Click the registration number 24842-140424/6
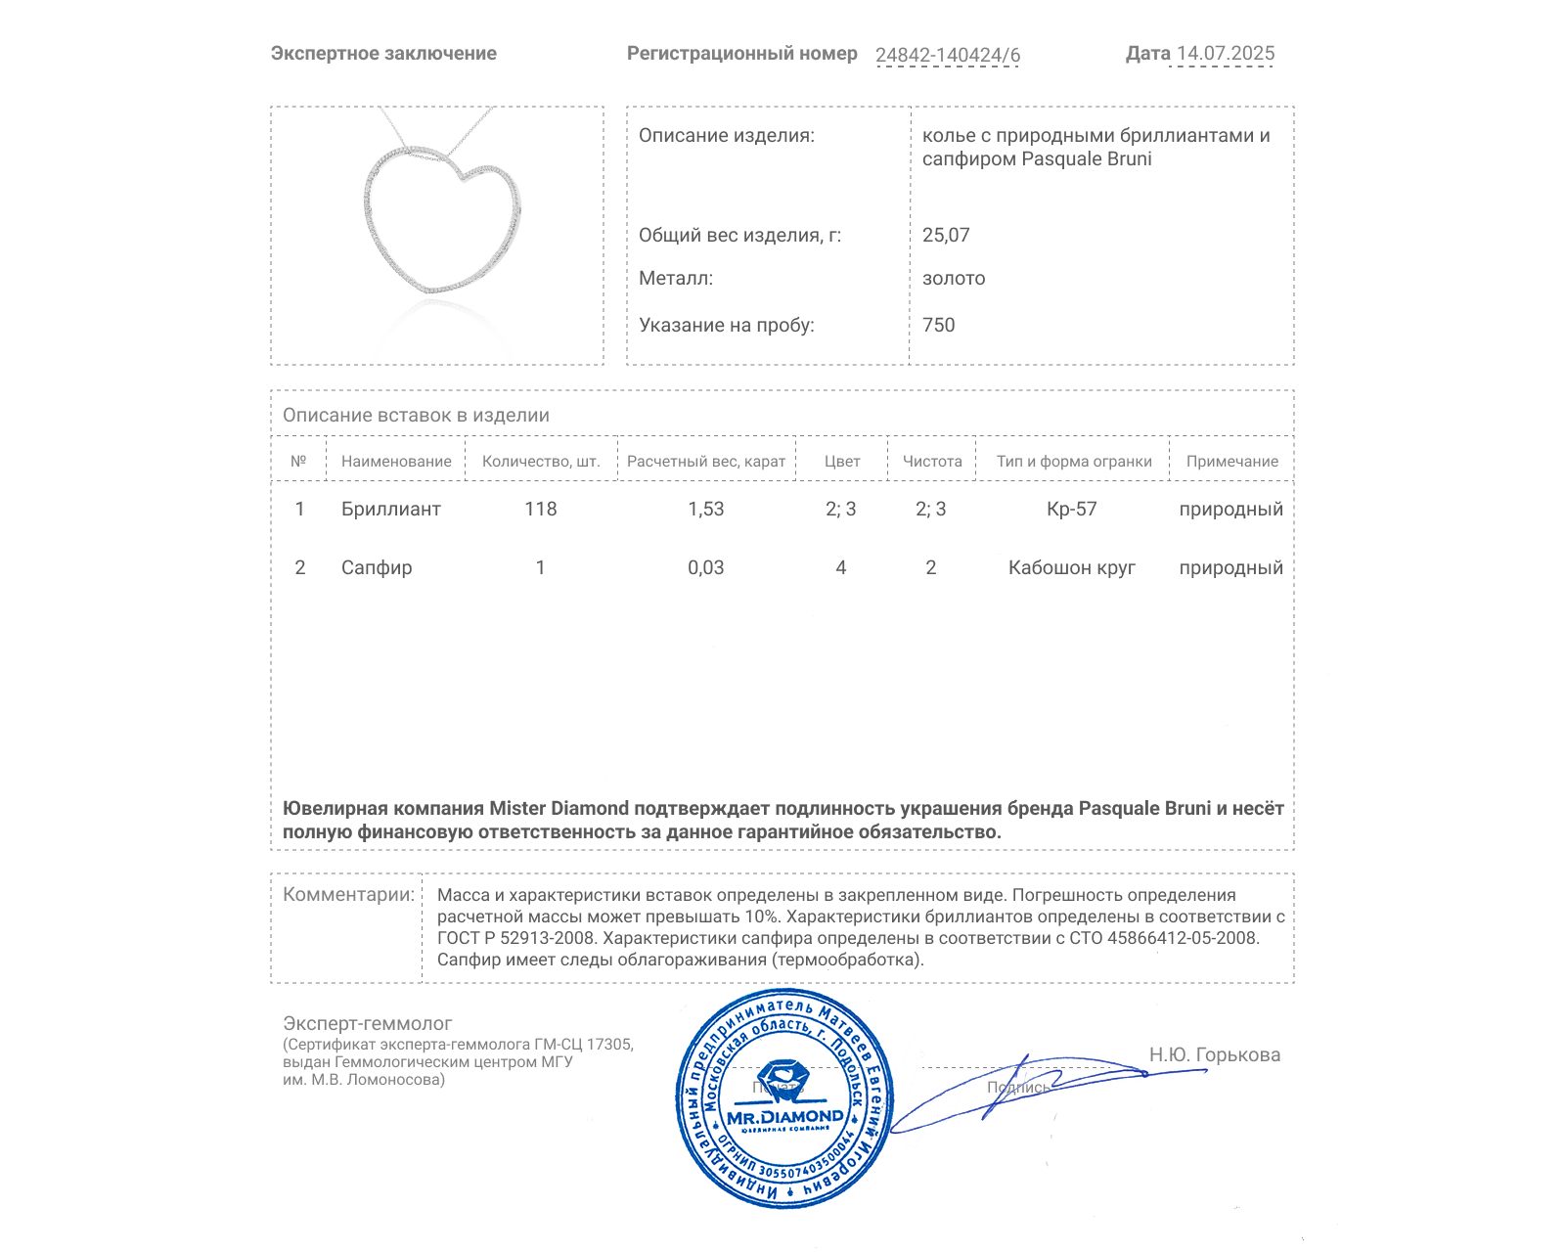(947, 55)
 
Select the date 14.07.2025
(1225, 54)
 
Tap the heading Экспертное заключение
(383, 54)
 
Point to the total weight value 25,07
(946, 235)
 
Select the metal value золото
(954, 278)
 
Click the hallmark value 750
(938, 325)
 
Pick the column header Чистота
(931, 461)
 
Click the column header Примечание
(1231, 461)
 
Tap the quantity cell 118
(540, 509)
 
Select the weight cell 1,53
(705, 509)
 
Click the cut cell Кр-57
(1071, 509)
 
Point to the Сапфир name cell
(377, 567)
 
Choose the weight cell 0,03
(705, 567)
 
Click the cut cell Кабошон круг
(1071, 567)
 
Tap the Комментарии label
(348, 894)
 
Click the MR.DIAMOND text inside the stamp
(784, 1116)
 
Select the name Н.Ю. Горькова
(1214, 1054)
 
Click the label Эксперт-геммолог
(367, 1023)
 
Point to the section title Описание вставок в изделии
(416, 415)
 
